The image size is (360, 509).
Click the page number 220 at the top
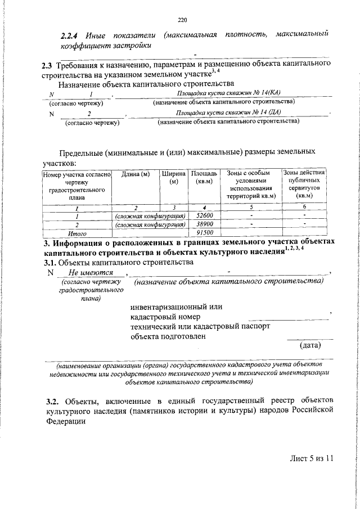point(181,21)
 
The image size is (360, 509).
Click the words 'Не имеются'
point(87,273)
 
